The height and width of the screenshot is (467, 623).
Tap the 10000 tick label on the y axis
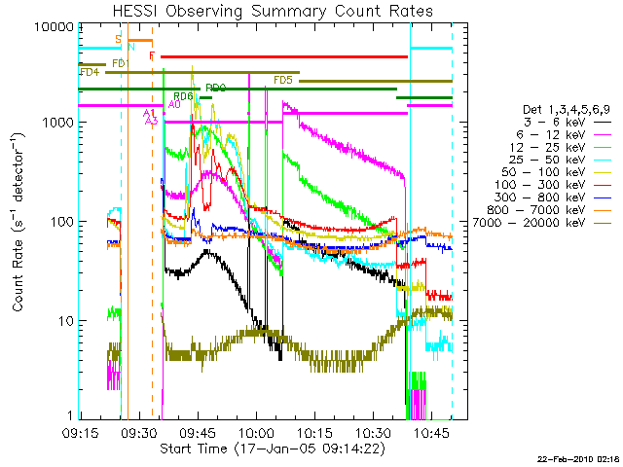coord(56,26)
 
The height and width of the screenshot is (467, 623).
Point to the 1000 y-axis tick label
coord(60,124)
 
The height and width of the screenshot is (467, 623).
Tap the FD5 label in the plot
coord(283,80)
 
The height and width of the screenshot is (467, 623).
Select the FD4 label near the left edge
coord(89,72)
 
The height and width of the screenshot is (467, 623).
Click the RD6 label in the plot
coord(183,96)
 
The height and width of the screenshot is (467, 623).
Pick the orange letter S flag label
coord(118,39)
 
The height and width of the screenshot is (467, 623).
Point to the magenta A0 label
coord(174,103)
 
